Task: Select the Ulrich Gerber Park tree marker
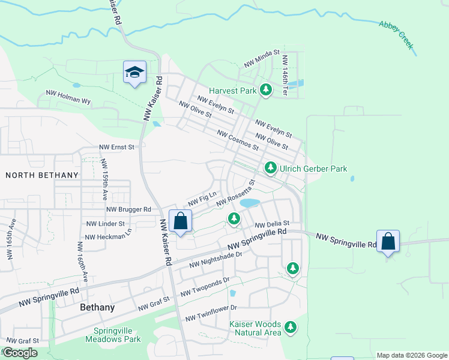click(x=271, y=169)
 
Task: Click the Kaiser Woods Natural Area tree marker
click(x=291, y=327)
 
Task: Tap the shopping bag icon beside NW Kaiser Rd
click(x=180, y=221)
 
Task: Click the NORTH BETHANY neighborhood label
click(x=42, y=175)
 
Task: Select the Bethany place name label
click(x=97, y=307)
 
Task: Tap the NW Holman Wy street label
click(x=68, y=97)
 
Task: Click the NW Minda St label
click(x=262, y=58)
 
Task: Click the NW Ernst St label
click(x=118, y=147)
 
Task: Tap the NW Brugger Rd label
click(x=128, y=209)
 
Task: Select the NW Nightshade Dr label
click(x=215, y=259)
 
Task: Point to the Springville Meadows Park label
click(x=117, y=335)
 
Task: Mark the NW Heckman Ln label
click(x=109, y=233)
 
